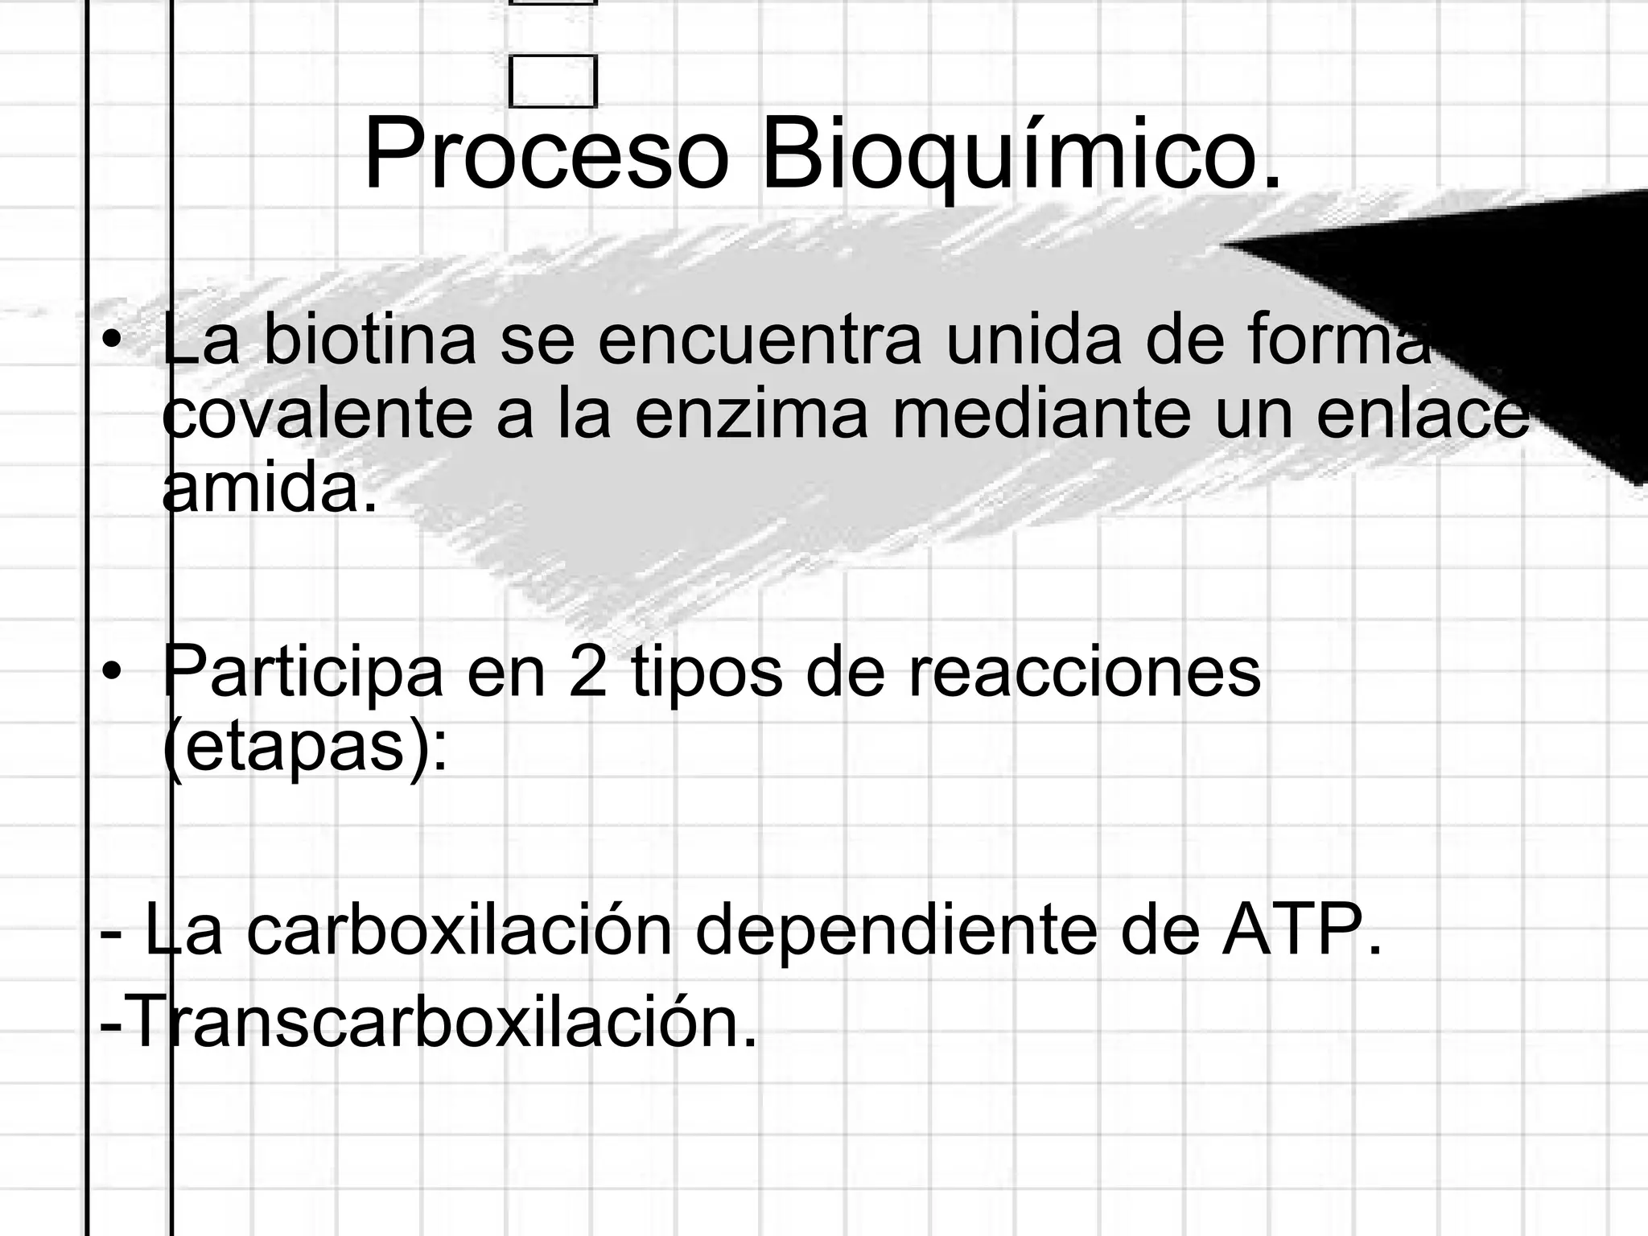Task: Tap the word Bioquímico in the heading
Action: (x=1020, y=154)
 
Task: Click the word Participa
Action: (x=303, y=673)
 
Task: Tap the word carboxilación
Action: (x=459, y=931)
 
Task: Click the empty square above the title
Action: (x=554, y=81)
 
